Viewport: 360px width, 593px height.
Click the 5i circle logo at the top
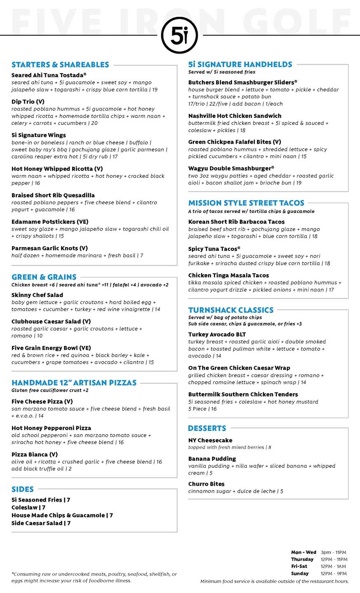tap(180, 36)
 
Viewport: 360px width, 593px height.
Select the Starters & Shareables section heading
tap(60, 65)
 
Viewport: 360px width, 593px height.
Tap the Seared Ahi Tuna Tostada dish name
tap(49, 75)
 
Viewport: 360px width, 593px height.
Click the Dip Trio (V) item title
tap(28, 102)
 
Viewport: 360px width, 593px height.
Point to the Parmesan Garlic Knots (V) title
tap(50, 248)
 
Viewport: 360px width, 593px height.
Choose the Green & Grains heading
tap(44, 277)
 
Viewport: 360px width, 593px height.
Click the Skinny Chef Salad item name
tap(37, 295)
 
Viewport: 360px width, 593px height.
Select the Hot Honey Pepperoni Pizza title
tap(51, 428)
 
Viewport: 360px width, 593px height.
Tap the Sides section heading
tap(23, 489)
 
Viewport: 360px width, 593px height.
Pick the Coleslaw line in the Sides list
tap(28, 508)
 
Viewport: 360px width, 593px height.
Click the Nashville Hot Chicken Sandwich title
tap(235, 116)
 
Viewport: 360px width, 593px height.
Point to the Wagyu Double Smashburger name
tap(231, 168)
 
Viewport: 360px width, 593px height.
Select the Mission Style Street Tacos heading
tap(246, 203)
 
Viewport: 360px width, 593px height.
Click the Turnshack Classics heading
tap(231, 310)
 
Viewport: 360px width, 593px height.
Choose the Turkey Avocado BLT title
tap(217, 335)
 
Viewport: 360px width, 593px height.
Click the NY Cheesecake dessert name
tap(210, 441)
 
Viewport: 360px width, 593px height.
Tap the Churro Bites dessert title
tap(206, 484)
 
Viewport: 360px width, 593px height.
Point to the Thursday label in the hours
tap(302, 559)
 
